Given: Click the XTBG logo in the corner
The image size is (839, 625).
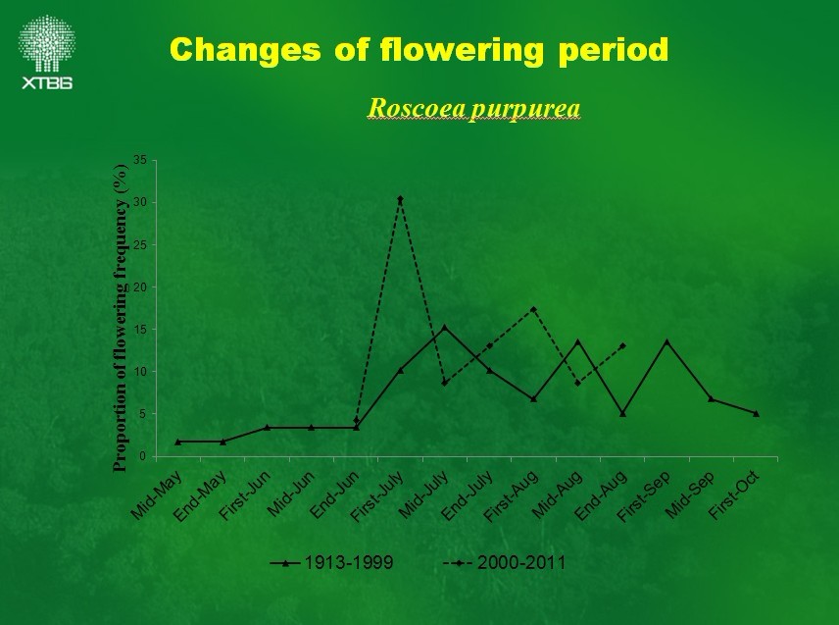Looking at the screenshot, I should (46, 51).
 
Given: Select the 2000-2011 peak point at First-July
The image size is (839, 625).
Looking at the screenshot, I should (400, 199).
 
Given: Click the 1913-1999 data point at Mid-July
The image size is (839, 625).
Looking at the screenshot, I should (444, 328).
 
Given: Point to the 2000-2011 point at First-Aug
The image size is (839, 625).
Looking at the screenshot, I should (533, 310).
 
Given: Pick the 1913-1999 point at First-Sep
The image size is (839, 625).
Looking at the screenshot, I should (666, 341).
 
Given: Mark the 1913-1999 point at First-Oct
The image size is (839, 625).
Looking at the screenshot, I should (756, 413).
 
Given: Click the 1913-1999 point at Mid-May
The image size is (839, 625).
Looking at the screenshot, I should (178, 442).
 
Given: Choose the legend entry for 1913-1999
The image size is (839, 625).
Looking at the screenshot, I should (333, 562).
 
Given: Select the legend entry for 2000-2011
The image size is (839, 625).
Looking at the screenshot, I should (504, 562).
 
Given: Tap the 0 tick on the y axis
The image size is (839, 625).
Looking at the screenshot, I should (143, 456).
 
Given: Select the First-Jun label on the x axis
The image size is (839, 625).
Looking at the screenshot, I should (244, 495).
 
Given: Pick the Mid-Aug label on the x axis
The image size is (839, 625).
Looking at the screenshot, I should (557, 495).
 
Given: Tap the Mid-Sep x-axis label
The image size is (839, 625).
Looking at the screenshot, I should (690, 495).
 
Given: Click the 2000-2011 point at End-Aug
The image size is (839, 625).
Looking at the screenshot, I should (622, 345).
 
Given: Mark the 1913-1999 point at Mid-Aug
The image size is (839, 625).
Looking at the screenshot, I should (577, 341).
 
